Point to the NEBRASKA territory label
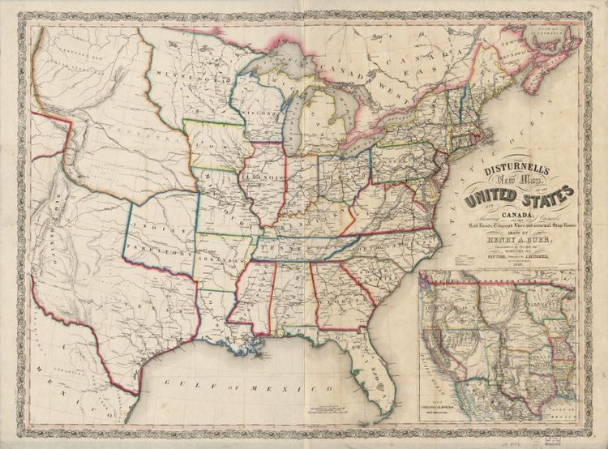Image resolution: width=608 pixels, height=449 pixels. (113, 130)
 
